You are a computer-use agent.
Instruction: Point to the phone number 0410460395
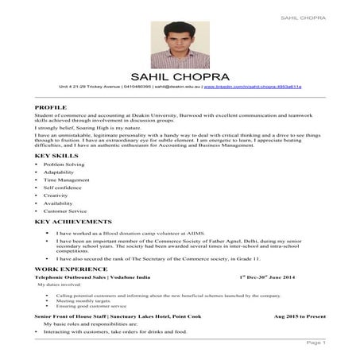point(136,85)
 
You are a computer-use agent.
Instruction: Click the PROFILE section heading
point(51,106)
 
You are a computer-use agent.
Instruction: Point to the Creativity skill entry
point(56,195)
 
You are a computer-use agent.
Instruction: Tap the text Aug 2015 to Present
point(300,316)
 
